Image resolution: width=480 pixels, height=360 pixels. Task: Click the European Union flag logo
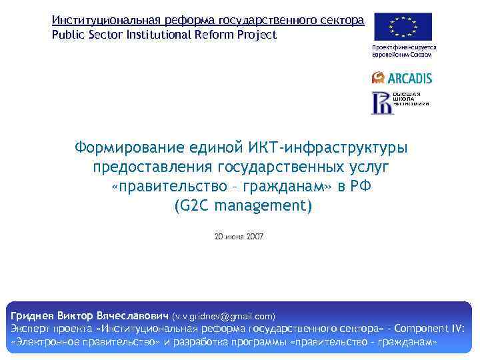402,27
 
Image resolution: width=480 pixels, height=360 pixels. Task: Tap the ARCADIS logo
402,78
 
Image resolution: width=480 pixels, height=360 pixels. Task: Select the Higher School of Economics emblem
381,102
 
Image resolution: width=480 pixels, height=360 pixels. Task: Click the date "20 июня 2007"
239,236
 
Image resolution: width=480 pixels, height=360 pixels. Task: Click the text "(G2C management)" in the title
242,206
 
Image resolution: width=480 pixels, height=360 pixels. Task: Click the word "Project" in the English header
257,35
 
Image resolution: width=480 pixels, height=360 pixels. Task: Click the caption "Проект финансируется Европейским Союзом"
404,51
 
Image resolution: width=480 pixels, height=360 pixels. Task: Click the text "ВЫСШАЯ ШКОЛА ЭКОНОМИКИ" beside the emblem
411,100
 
